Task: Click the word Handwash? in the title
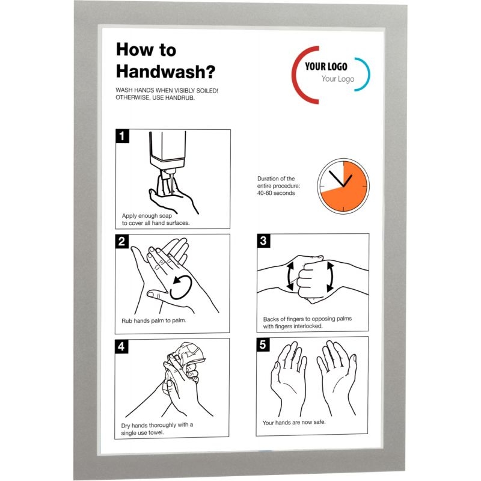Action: tap(166, 71)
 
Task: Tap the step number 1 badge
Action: tap(122, 136)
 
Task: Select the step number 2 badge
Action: tap(122, 241)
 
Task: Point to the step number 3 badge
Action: tap(263, 240)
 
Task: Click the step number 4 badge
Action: tap(121, 346)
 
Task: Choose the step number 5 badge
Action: tap(263, 345)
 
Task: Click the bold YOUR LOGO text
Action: tap(326, 66)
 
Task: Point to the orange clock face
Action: tap(343, 186)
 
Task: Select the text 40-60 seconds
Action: tap(276, 193)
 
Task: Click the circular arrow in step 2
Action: tap(182, 287)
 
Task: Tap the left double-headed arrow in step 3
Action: tap(290, 276)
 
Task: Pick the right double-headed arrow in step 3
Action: tap(330, 277)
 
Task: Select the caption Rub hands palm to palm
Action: tap(154, 321)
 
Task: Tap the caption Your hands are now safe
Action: tap(294, 423)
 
